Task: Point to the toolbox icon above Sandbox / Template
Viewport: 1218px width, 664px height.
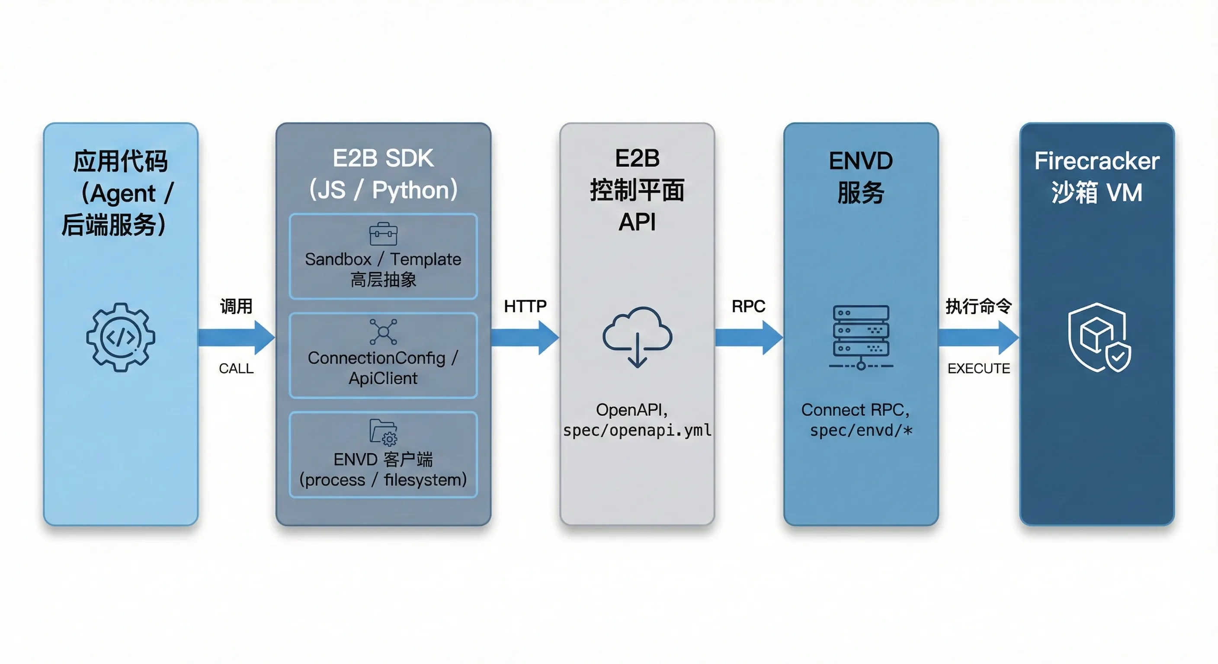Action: coord(383,234)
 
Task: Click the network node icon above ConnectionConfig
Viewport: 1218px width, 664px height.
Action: coord(383,332)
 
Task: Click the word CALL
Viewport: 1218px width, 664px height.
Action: coord(236,368)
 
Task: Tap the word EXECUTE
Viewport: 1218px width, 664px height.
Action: coord(978,368)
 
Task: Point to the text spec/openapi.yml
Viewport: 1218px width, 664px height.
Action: coord(637,430)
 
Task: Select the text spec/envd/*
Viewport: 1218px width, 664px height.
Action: coord(861,430)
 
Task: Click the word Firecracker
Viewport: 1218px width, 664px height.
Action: coord(1096,161)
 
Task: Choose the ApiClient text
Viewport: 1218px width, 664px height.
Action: coord(383,378)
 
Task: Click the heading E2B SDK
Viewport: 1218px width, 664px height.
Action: coord(383,158)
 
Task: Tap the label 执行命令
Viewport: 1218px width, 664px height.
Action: coord(978,306)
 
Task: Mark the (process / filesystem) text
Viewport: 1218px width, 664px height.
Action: coord(383,480)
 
